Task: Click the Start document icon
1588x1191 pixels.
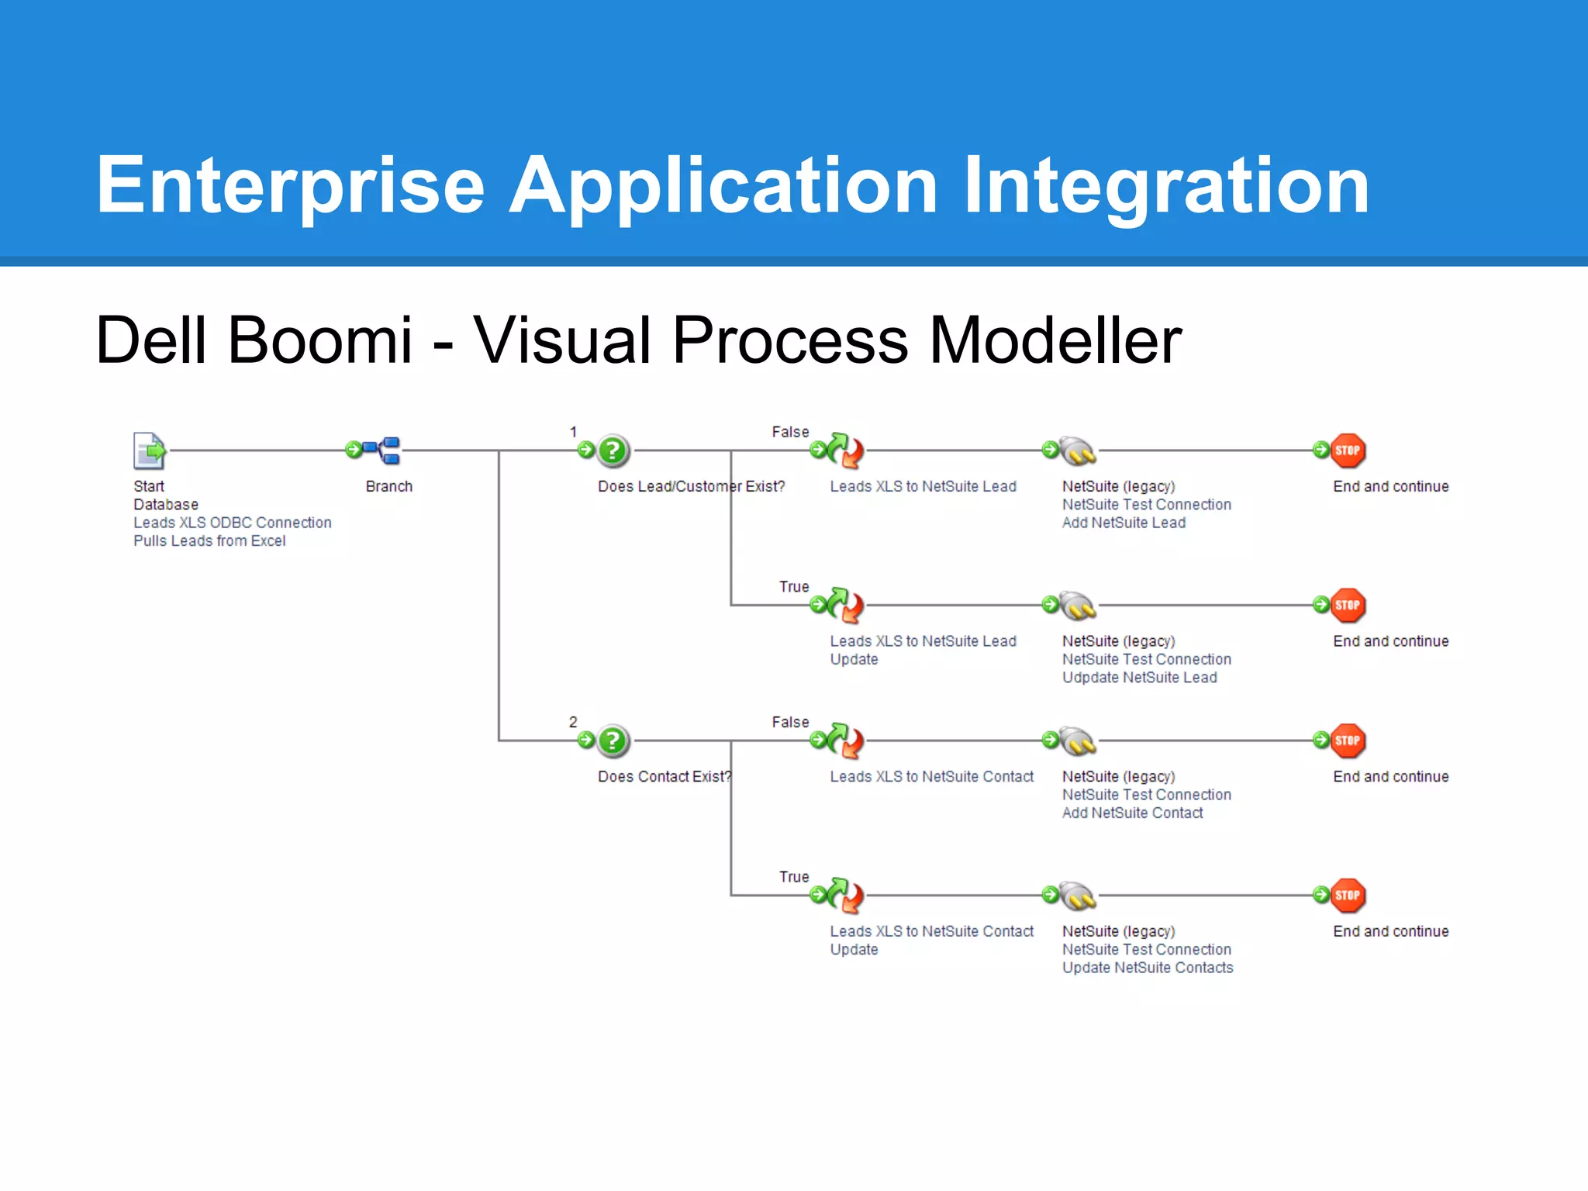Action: coord(149,451)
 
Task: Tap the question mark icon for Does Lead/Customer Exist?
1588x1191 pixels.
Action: coord(613,451)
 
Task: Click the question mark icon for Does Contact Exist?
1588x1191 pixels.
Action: coord(613,740)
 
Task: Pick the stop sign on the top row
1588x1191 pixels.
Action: coord(1348,451)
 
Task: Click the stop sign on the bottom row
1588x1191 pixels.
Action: coord(1348,896)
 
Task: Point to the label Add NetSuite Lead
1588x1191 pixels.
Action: coord(1124,523)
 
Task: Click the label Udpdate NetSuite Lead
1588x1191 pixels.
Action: coord(1139,678)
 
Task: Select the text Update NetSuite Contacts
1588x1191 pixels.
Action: coord(1147,968)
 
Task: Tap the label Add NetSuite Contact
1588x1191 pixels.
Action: coord(1132,813)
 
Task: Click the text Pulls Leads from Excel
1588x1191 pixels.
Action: coord(209,540)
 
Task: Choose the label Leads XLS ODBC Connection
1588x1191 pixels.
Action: coord(232,523)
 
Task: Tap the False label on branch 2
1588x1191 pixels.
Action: coord(790,722)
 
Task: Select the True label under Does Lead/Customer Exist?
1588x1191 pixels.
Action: coord(794,587)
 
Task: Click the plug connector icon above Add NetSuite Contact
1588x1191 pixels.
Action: coord(1078,741)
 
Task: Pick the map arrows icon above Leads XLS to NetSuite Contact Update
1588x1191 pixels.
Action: coord(844,896)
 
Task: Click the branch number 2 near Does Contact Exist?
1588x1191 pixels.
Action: coord(573,722)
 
